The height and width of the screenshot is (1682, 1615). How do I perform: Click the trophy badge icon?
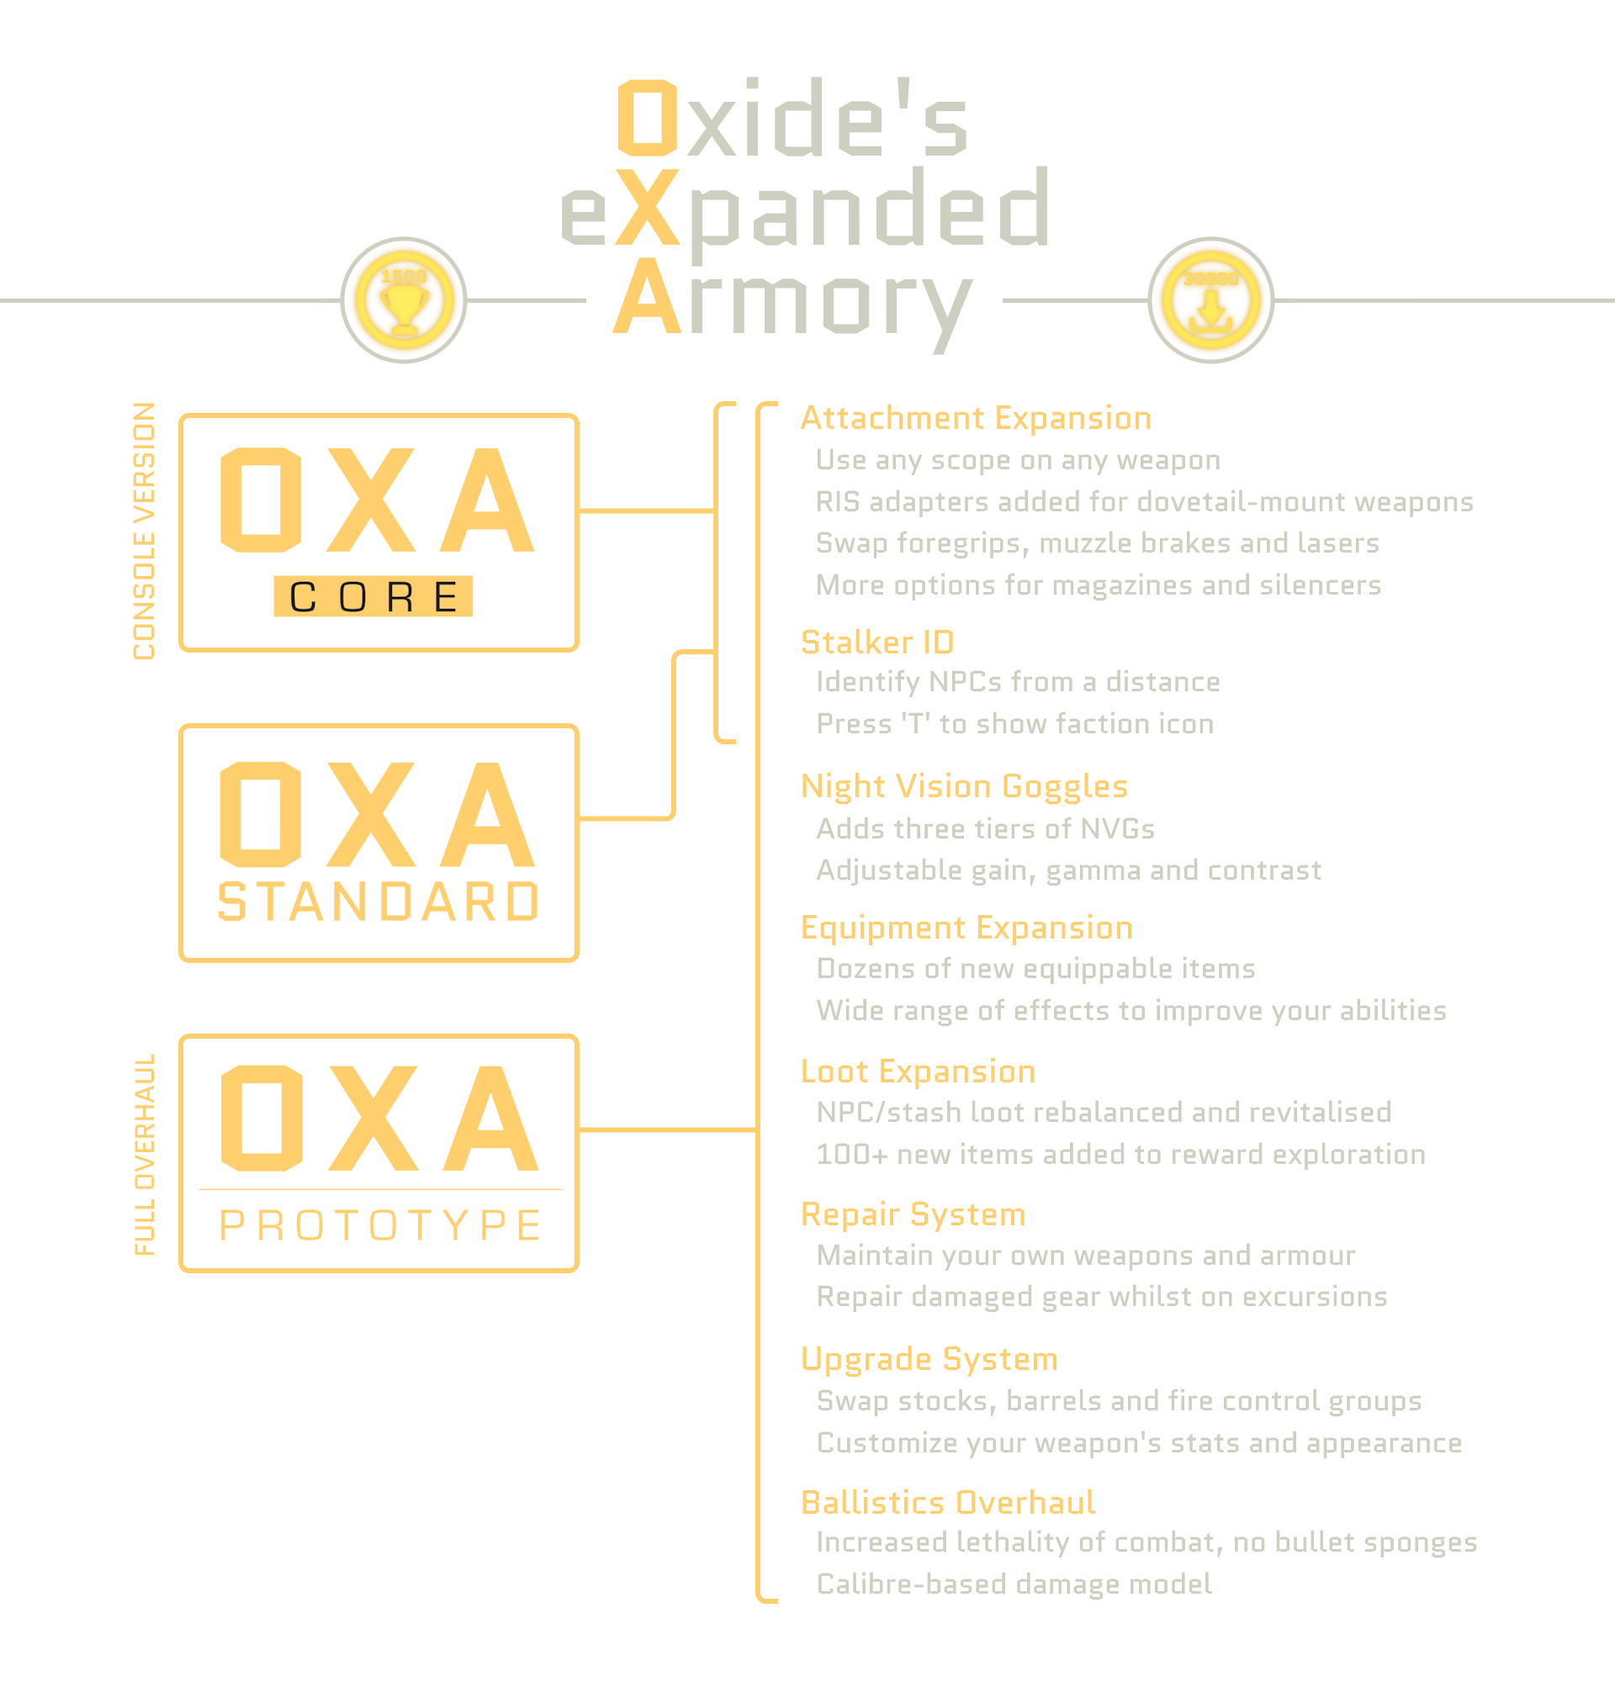point(403,300)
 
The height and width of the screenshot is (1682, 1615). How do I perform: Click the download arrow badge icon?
point(1210,300)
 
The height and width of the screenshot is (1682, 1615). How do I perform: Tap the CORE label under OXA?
point(373,596)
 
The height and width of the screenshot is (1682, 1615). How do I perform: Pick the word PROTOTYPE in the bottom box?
point(380,1224)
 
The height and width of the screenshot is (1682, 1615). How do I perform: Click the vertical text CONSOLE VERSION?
point(144,532)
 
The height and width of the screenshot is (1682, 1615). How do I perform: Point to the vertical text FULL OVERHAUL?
point(145,1155)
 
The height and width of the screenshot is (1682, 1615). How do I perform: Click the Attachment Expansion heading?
point(976,418)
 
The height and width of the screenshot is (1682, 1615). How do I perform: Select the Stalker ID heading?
point(877,642)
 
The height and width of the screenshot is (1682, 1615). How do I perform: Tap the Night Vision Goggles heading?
point(964,786)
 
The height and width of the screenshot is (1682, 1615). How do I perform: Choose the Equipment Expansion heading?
point(966,928)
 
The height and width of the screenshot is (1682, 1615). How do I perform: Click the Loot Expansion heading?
point(918,1071)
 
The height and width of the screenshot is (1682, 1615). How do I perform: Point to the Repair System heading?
point(913,1215)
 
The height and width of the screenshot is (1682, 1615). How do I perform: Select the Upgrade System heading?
point(929,1359)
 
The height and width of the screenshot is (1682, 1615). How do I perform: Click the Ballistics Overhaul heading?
point(947,1503)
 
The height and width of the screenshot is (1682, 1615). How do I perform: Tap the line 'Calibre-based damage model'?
point(1014,1584)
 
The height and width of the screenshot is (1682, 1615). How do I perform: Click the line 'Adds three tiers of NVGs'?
point(985,829)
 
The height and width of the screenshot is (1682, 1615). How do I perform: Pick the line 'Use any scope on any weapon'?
point(1018,461)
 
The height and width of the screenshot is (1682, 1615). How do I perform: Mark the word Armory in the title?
point(793,300)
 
